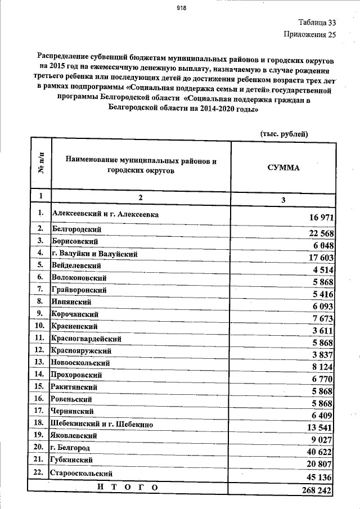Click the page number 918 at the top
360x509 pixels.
181,8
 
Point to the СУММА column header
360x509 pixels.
284,168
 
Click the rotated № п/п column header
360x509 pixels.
40,165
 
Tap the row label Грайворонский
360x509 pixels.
79,290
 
